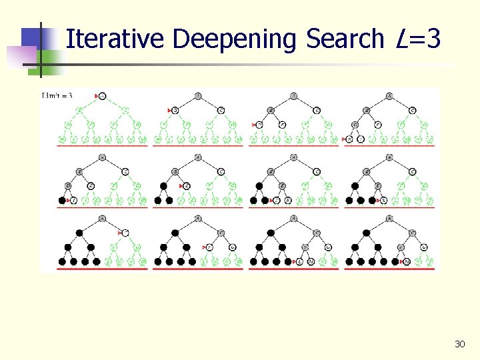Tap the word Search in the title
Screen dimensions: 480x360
click(x=345, y=39)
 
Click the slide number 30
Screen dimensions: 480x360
click(x=459, y=344)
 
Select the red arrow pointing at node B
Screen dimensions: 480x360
click(x=169, y=110)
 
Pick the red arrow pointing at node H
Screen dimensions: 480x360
click(x=255, y=125)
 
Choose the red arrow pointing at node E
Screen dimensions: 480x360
click(x=180, y=186)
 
